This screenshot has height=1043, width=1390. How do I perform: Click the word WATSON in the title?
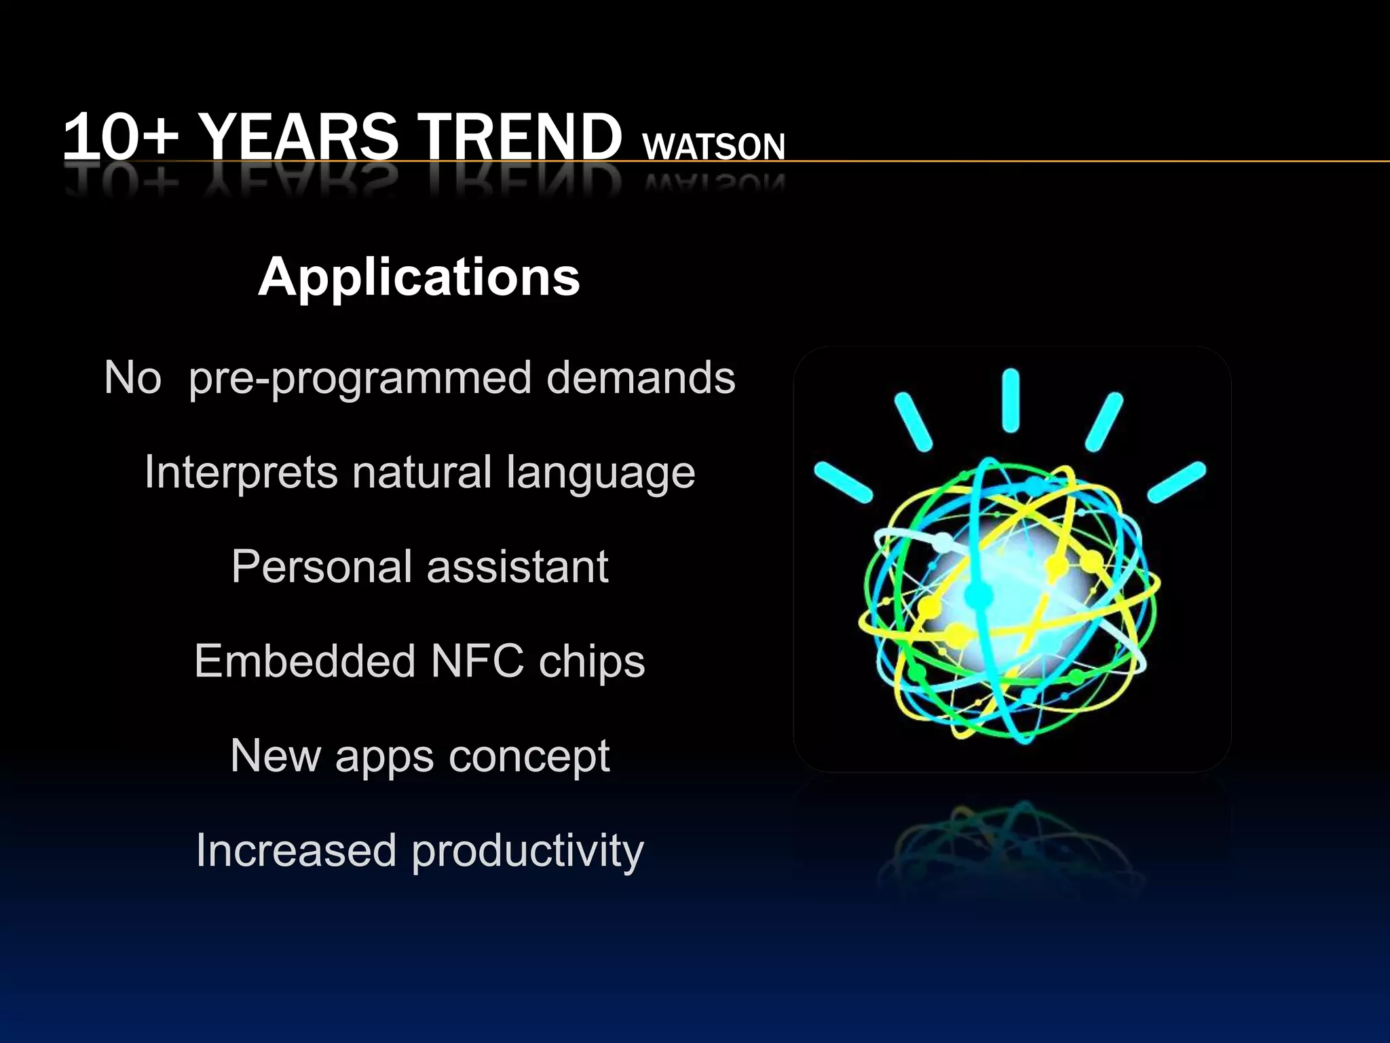click(713, 147)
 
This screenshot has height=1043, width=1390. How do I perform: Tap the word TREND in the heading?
click(519, 137)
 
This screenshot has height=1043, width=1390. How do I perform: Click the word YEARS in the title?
click(299, 137)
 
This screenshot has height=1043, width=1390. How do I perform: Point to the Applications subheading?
click(419, 277)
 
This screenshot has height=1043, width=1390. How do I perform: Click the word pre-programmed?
click(360, 379)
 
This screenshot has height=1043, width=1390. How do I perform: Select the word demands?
click(641, 378)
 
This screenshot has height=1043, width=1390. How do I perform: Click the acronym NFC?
click(477, 661)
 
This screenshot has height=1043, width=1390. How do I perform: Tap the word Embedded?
click(305, 661)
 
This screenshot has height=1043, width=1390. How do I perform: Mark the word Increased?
click(296, 850)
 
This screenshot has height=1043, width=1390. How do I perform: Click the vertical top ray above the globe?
click(1011, 401)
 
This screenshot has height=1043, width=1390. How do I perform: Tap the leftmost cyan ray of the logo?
click(843, 482)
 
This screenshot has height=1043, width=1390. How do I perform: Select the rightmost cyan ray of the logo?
click(1177, 482)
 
